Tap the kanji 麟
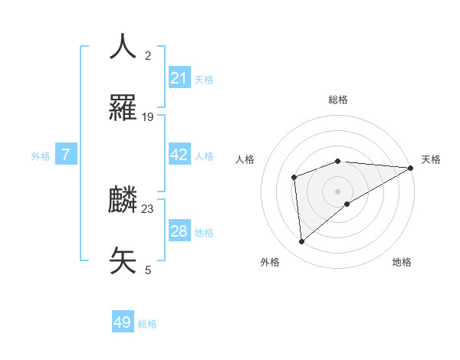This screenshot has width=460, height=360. point(123,200)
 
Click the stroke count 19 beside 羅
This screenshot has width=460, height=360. point(148,117)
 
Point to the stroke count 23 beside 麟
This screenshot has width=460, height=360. point(148,209)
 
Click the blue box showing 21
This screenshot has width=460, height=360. point(179,78)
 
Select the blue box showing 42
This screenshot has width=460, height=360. point(179,155)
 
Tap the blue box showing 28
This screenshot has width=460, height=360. point(179,231)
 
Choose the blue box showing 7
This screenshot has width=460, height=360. point(66,155)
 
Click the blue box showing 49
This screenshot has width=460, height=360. point(123,323)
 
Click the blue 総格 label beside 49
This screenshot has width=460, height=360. point(147,324)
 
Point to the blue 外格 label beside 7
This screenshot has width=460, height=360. point(41,155)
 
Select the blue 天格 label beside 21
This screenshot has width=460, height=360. point(204,79)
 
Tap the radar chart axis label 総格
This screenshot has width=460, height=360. point(338,100)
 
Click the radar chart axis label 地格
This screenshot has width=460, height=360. point(402,262)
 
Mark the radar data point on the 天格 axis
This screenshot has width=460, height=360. point(412,167)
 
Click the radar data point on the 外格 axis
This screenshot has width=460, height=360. point(301,241)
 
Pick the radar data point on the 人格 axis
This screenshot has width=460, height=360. point(294,178)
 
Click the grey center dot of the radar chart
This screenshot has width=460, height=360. point(338,191)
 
